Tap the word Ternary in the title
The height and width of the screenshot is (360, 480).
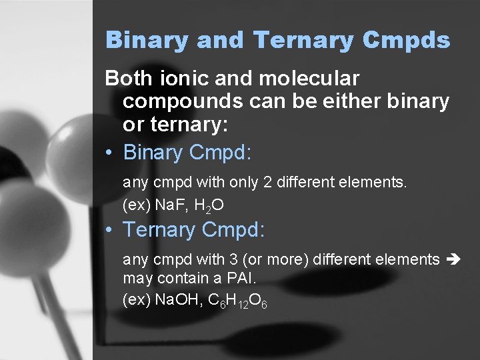pyautogui.click(x=304, y=40)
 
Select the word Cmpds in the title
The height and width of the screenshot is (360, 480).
pyautogui.click(x=407, y=40)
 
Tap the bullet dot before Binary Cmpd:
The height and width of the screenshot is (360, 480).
pyautogui.click(x=110, y=153)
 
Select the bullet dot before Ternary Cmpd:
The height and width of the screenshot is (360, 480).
pyautogui.click(x=110, y=231)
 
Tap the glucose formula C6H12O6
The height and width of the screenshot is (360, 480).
pyautogui.click(x=238, y=301)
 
